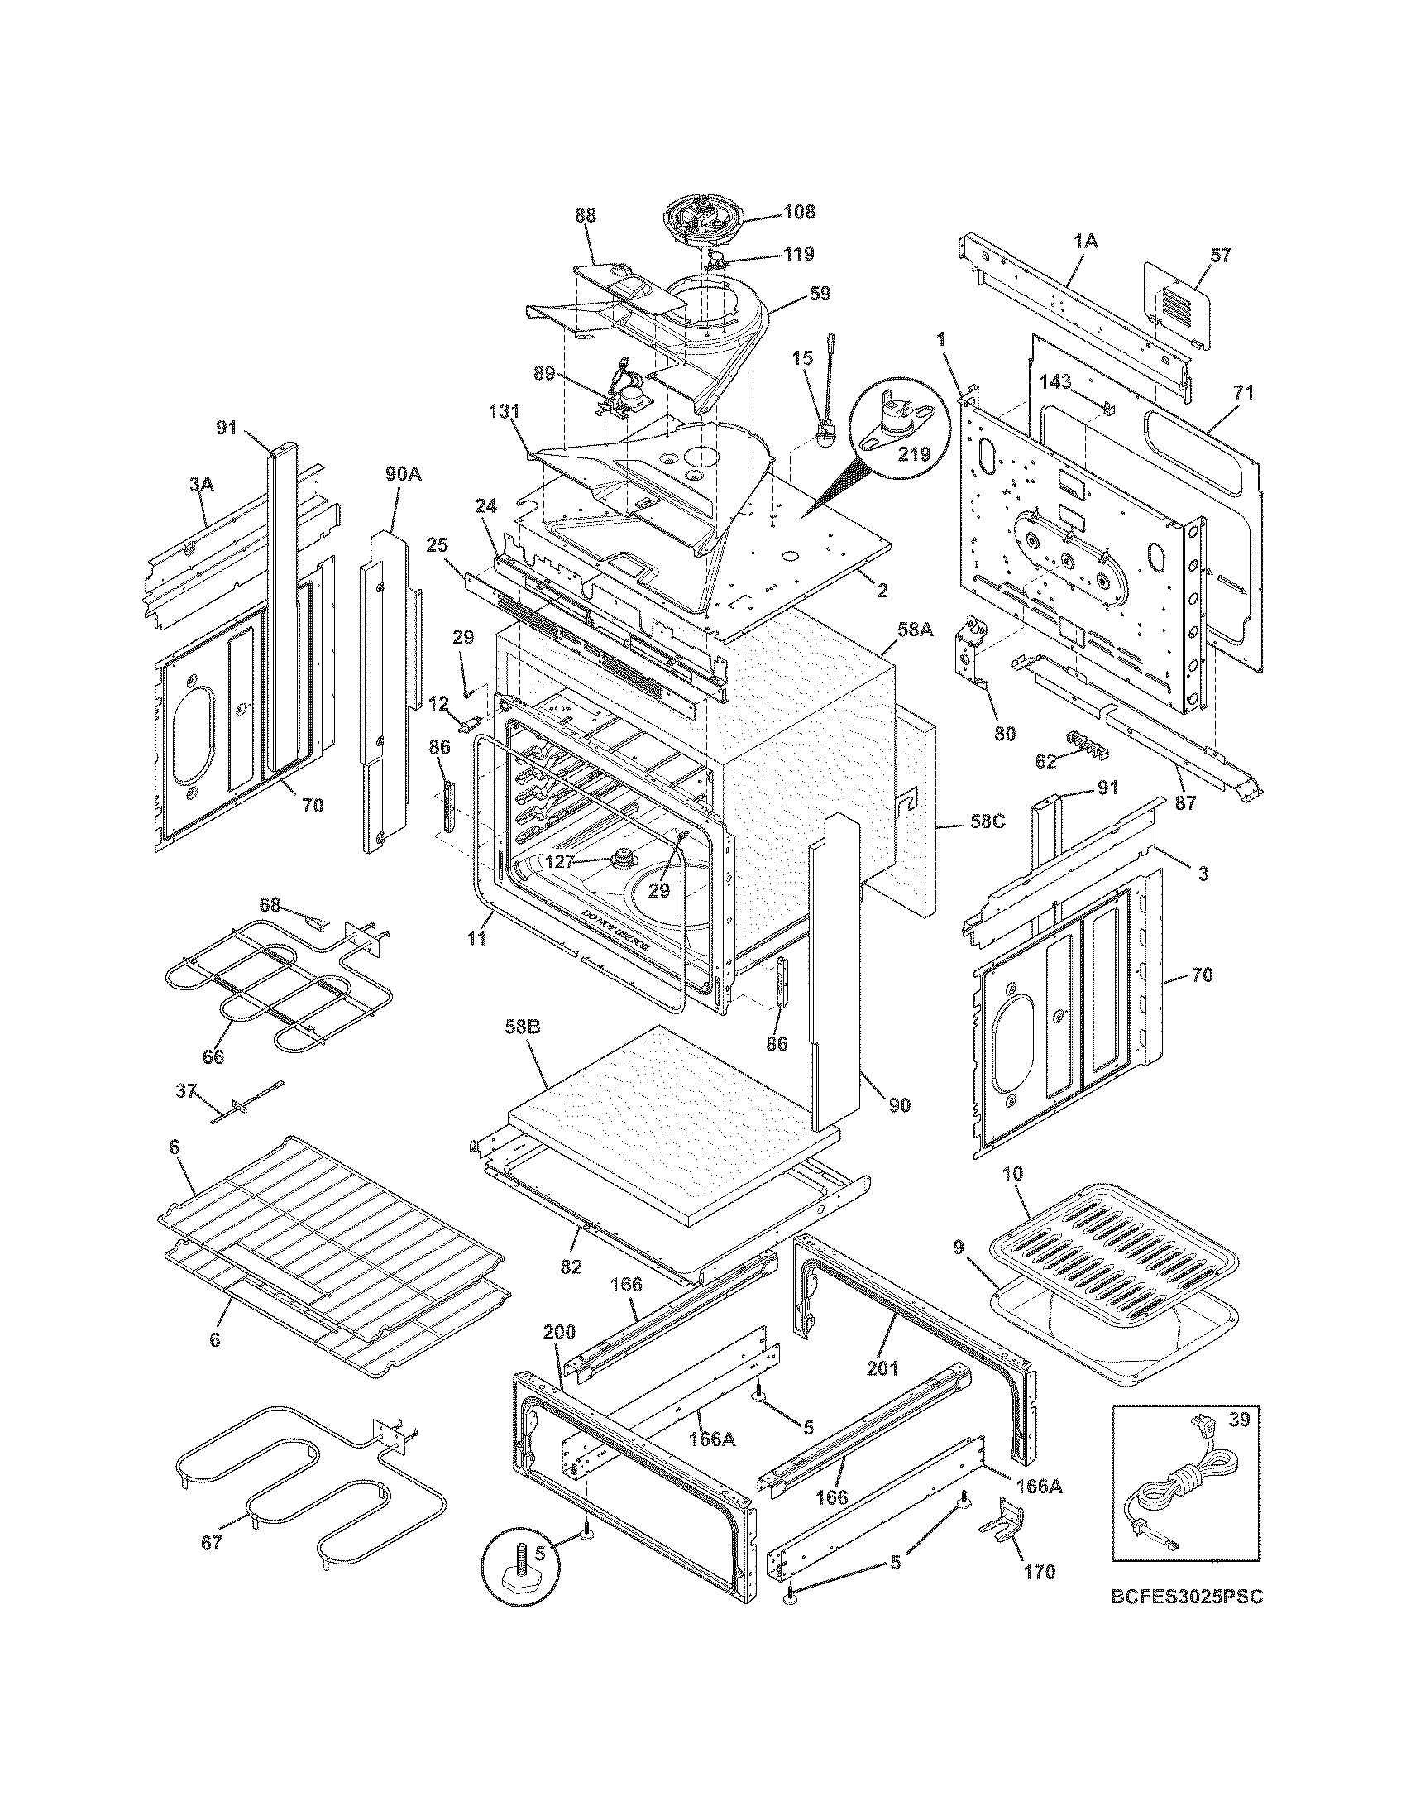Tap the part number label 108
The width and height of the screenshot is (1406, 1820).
point(799,212)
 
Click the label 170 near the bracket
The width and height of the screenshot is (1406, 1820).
point(1039,1572)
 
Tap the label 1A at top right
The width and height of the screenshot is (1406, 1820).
point(1085,242)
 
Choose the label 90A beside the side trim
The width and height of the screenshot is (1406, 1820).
point(402,474)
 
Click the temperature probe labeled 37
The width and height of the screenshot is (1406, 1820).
point(245,1102)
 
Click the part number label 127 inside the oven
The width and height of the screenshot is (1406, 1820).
point(559,863)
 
